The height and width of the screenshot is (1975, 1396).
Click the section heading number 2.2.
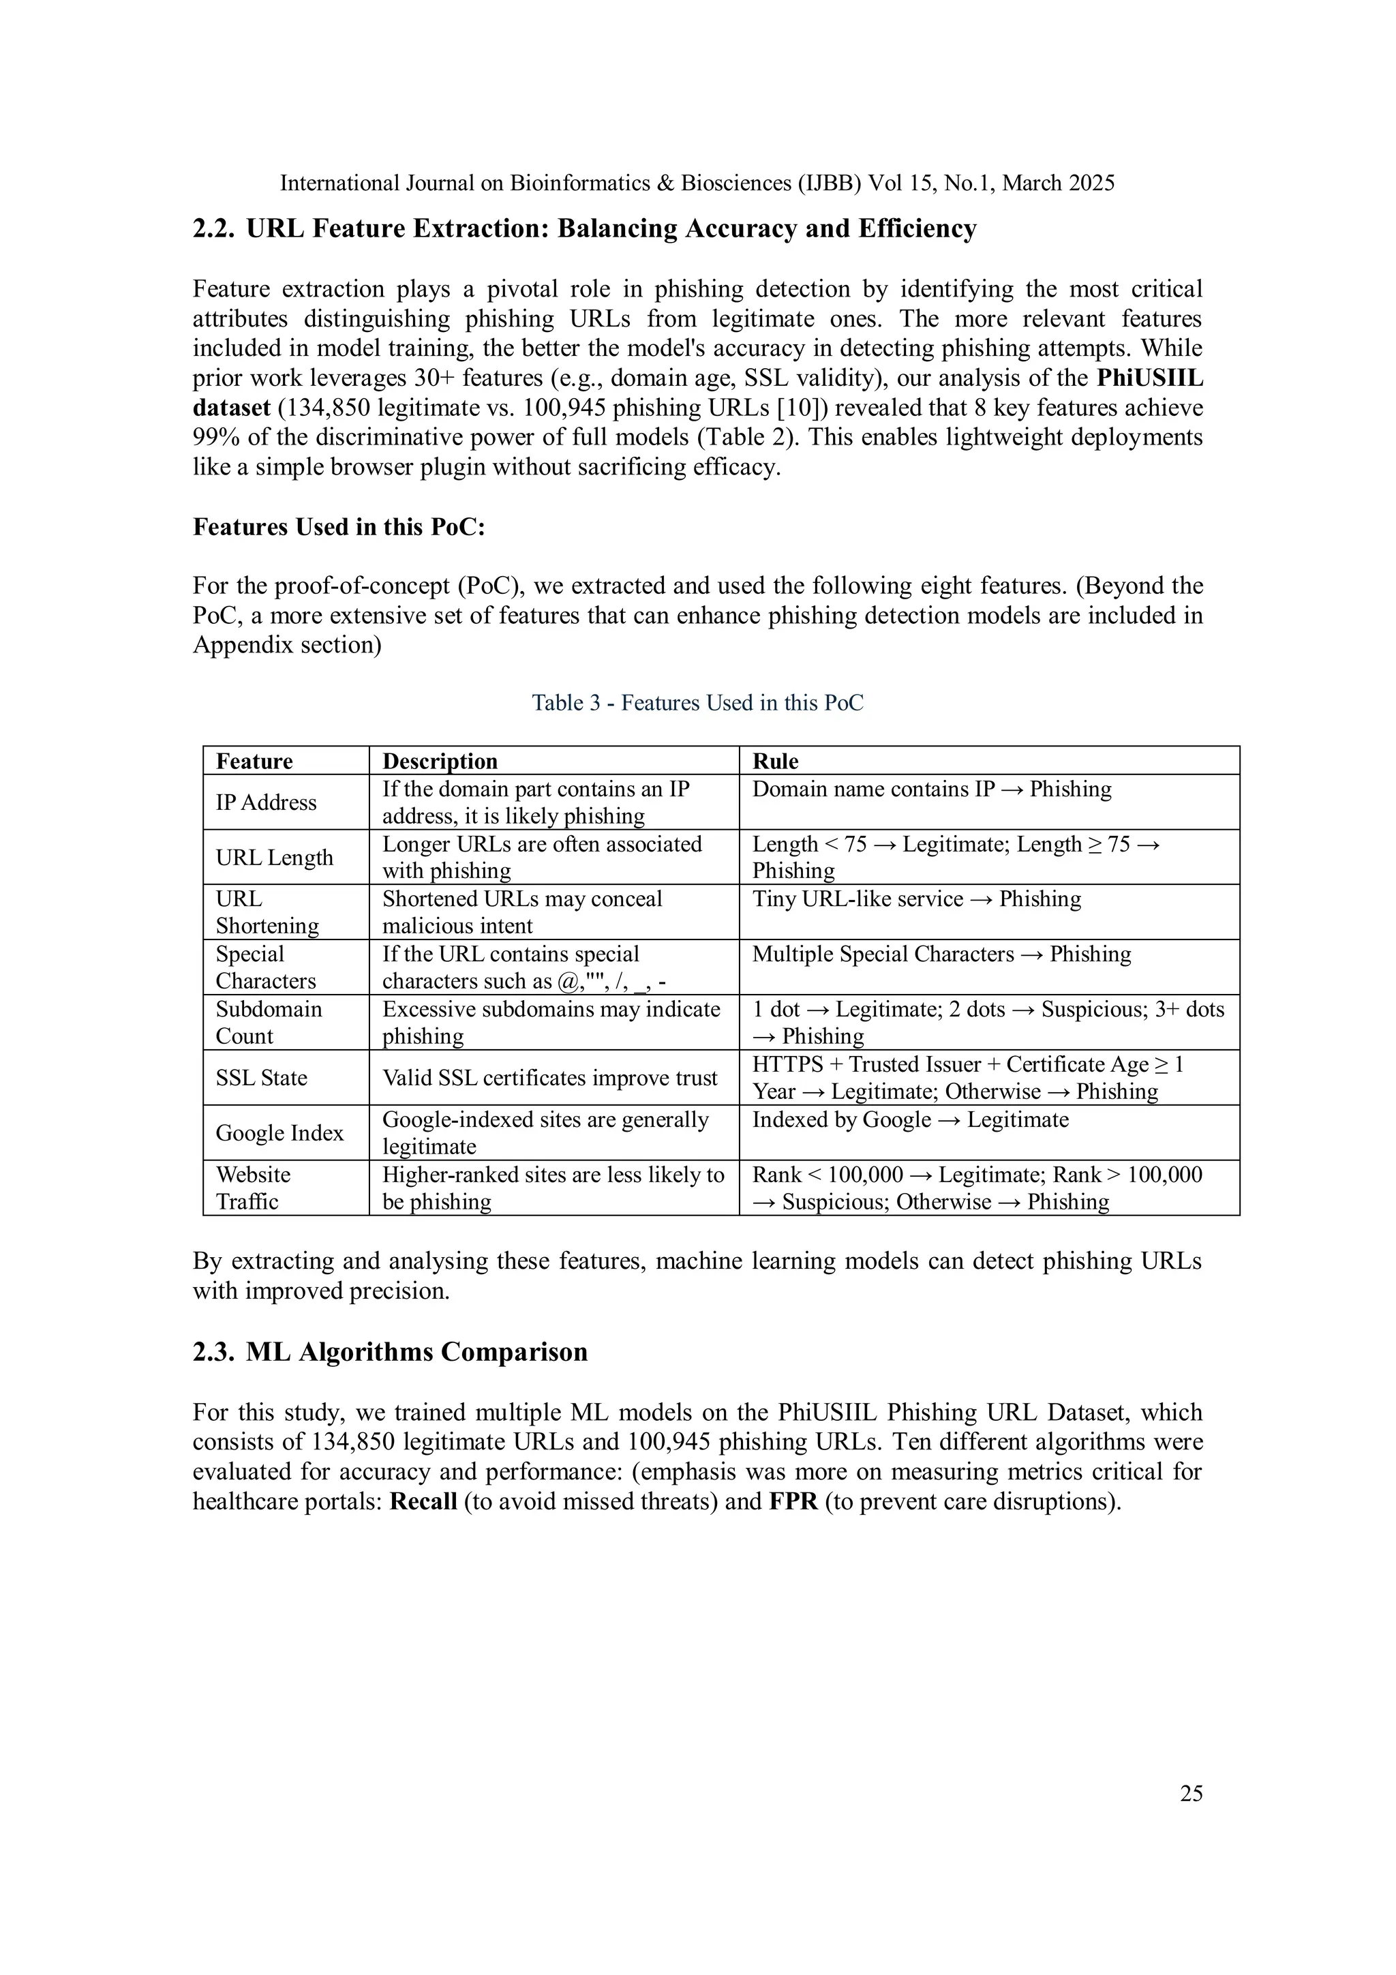[x=213, y=229]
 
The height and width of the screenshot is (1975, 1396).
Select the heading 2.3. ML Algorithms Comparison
[x=390, y=1351]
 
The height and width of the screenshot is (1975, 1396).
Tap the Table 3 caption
[x=697, y=703]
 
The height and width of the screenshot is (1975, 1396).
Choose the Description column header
[x=440, y=762]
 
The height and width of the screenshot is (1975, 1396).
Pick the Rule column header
[x=775, y=762]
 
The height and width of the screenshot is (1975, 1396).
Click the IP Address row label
[x=266, y=802]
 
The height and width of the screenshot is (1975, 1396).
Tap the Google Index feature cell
[x=279, y=1133]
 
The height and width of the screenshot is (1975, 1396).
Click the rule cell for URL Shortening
[x=916, y=899]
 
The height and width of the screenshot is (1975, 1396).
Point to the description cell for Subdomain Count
[x=551, y=1022]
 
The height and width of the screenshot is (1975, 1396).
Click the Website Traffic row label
[x=253, y=1188]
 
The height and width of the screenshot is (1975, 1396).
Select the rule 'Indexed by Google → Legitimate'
[x=910, y=1120]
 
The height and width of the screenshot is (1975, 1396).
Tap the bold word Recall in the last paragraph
[x=423, y=1501]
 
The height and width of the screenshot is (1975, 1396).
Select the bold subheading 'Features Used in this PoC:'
[x=339, y=526]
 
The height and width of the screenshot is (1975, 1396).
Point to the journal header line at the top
[x=697, y=183]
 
